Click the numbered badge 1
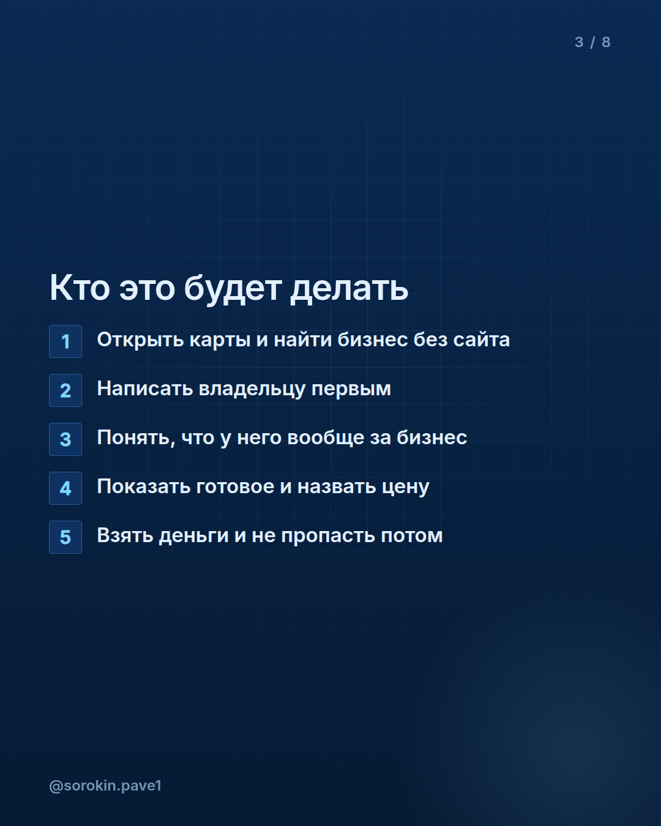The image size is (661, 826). [x=65, y=341]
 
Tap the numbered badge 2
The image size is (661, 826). [x=65, y=390]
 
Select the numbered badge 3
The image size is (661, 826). [x=65, y=439]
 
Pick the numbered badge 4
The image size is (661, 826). [x=65, y=488]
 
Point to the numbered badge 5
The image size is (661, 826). [x=65, y=537]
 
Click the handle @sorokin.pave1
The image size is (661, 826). [x=105, y=786]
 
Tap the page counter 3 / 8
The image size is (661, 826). [x=592, y=42]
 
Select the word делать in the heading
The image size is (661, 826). [x=349, y=289]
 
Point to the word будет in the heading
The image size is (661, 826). [x=233, y=289]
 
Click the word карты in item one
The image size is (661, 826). [x=220, y=340]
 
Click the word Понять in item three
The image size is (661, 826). [x=136, y=438]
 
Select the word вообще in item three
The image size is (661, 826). [x=326, y=438]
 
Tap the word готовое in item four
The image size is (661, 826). [x=235, y=487]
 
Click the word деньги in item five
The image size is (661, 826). [x=194, y=536]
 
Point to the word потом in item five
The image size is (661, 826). [x=412, y=536]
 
